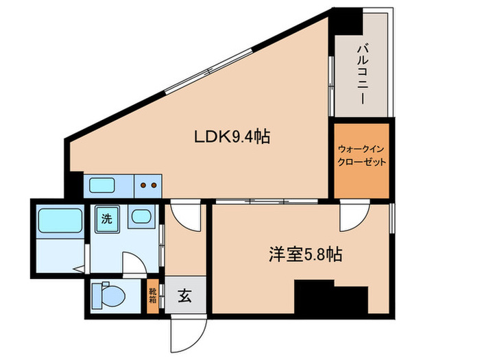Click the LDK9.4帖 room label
(230, 137)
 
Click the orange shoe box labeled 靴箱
(153, 296)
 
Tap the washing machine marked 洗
(106, 219)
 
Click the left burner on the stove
(143, 184)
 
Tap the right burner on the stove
(155, 184)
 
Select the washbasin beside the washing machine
(141, 219)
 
